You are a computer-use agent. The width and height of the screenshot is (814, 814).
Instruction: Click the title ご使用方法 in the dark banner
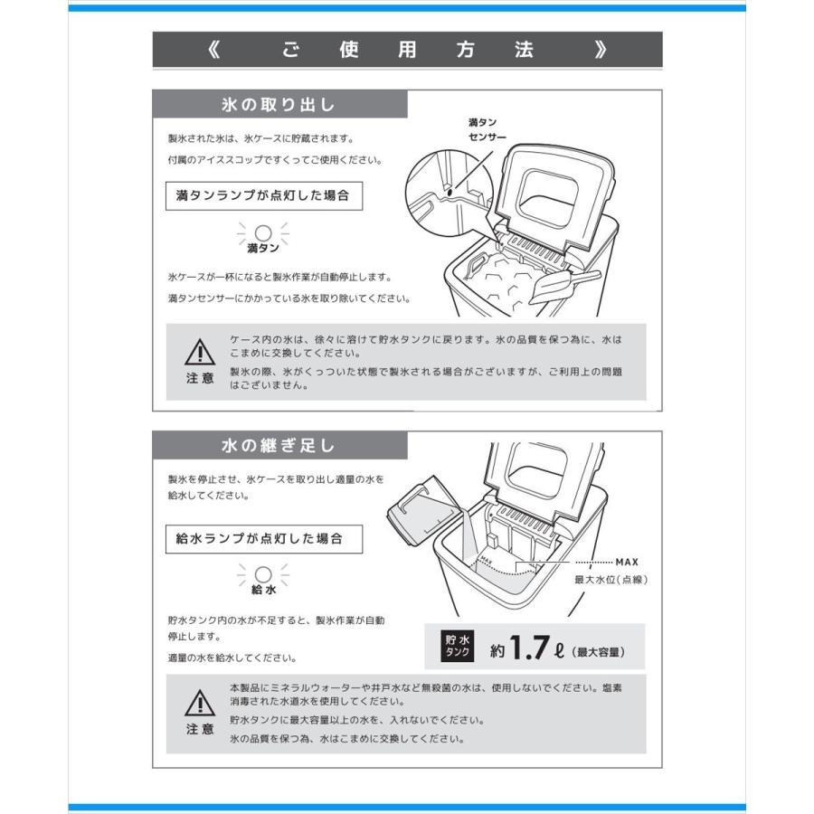(407, 50)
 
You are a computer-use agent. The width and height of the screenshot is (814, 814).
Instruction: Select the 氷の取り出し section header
(279, 105)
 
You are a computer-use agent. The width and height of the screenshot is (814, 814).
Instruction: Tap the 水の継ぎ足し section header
(279, 445)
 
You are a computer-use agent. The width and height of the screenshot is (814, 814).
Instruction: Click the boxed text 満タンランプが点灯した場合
(262, 195)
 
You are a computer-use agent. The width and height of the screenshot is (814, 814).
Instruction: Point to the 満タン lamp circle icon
(263, 232)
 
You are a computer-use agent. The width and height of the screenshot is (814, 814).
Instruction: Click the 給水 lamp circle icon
(263, 574)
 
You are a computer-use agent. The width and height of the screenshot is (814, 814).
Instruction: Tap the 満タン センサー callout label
(487, 130)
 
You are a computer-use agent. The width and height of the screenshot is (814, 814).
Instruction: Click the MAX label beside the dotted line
(627, 562)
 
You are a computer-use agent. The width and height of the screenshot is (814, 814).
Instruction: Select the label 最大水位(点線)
(611, 580)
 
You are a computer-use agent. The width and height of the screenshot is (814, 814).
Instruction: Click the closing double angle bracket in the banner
(601, 50)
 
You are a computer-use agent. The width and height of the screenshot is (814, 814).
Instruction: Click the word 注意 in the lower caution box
(200, 729)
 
